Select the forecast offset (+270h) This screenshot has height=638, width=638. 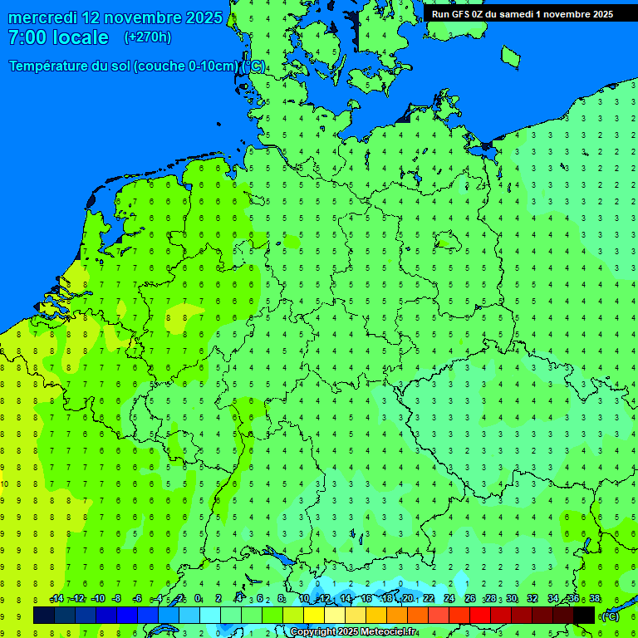(148, 37)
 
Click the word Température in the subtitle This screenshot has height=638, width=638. (48, 66)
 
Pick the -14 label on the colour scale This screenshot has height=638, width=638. (56, 599)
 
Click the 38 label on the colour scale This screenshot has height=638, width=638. (595, 599)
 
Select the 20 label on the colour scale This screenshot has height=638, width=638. (408, 599)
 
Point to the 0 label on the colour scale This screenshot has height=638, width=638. (198, 599)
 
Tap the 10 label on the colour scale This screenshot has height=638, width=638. (305, 599)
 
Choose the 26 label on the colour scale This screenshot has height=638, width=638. (470, 599)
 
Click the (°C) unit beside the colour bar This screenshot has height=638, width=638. (611, 616)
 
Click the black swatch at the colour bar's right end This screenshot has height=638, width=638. (584, 616)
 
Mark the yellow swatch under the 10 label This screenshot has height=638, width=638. (313, 616)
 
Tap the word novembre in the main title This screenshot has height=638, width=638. (136, 17)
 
